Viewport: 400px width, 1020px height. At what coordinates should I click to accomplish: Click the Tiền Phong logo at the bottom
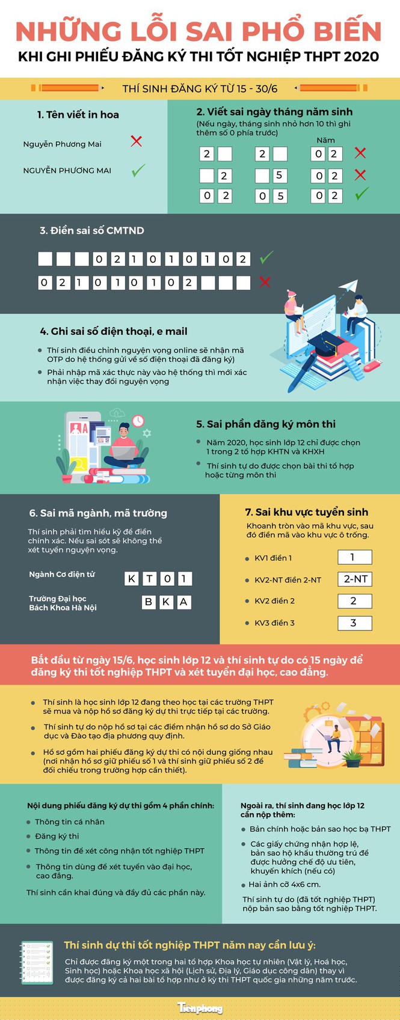(200, 1008)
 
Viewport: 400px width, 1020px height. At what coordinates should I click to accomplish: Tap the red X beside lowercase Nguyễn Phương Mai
(137, 141)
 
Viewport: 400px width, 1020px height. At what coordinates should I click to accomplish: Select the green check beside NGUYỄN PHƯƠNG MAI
(138, 171)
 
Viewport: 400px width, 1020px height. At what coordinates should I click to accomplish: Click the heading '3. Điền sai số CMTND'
(92, 231)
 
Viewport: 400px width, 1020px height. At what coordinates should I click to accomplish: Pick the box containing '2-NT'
(355, 579)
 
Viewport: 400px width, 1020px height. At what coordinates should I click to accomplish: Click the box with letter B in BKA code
(149, 602)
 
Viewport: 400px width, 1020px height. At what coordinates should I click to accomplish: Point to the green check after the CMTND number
(266, 257)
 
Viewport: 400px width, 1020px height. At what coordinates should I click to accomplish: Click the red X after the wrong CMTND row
(264, 282)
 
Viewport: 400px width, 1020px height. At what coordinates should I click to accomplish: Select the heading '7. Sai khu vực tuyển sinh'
(306, 512)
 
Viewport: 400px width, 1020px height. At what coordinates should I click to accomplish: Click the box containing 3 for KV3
(354, 623)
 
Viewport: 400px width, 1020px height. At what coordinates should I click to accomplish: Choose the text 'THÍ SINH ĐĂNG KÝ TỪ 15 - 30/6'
(200, 89)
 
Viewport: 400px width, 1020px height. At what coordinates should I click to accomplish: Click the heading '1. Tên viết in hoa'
(78, 115)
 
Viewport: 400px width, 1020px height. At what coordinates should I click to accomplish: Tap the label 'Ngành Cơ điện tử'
(62, 575)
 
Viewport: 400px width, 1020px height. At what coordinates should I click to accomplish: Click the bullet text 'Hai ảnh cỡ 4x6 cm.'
(285, 884)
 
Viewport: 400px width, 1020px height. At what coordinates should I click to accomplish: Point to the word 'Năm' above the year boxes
(325, 140)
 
